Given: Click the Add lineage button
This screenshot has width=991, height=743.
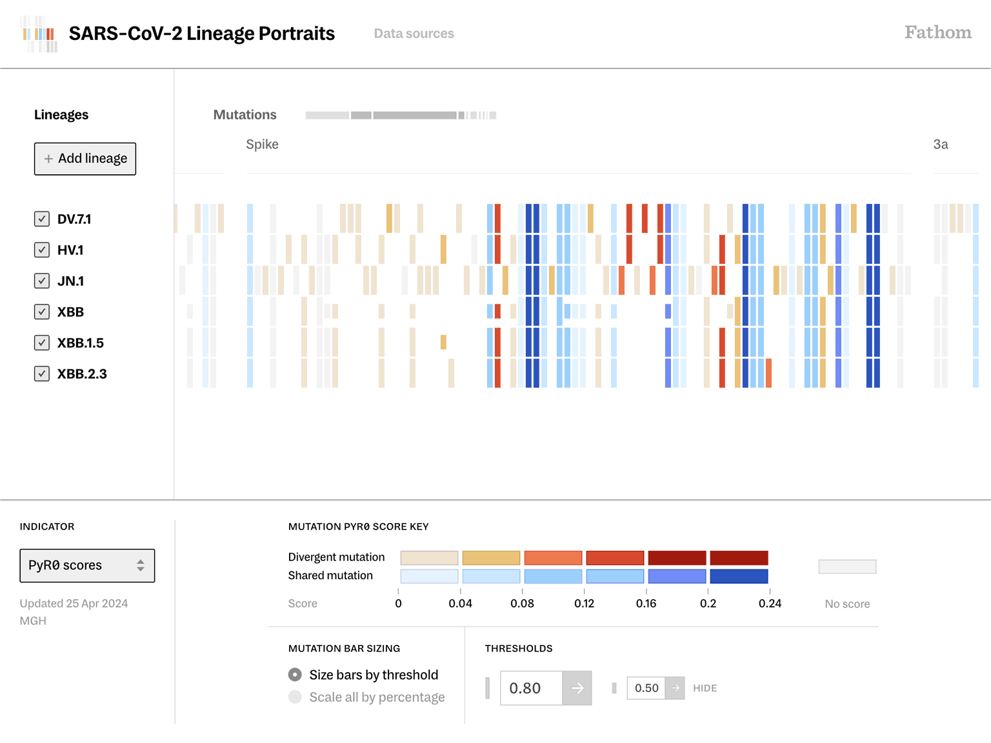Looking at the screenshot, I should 85,159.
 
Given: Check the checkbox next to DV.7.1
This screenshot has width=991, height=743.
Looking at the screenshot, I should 42,219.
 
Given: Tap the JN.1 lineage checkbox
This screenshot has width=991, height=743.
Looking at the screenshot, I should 42,281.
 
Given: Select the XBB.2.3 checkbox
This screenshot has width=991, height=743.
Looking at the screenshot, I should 42,373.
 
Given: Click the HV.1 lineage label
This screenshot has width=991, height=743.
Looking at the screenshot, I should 70,250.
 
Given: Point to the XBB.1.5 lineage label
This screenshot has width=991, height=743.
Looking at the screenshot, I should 81,343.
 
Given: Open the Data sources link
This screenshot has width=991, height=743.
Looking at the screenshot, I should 414,34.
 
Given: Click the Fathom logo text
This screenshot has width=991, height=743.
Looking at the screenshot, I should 937,32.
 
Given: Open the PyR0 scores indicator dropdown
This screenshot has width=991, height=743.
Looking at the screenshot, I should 87,566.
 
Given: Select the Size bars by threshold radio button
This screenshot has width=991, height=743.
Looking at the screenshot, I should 295,675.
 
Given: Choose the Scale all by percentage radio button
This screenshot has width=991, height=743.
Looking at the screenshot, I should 295,697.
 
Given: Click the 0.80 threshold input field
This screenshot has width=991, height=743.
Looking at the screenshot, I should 531,688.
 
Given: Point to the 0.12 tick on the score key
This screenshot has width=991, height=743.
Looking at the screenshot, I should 584,603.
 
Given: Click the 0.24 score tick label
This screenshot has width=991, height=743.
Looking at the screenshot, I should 770,603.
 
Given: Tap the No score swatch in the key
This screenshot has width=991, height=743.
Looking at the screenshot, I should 847,567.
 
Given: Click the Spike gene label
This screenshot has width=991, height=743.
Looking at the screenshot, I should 262,144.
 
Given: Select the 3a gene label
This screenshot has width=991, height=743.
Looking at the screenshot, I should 940,144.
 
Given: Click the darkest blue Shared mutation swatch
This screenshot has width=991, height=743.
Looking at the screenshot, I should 739,576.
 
